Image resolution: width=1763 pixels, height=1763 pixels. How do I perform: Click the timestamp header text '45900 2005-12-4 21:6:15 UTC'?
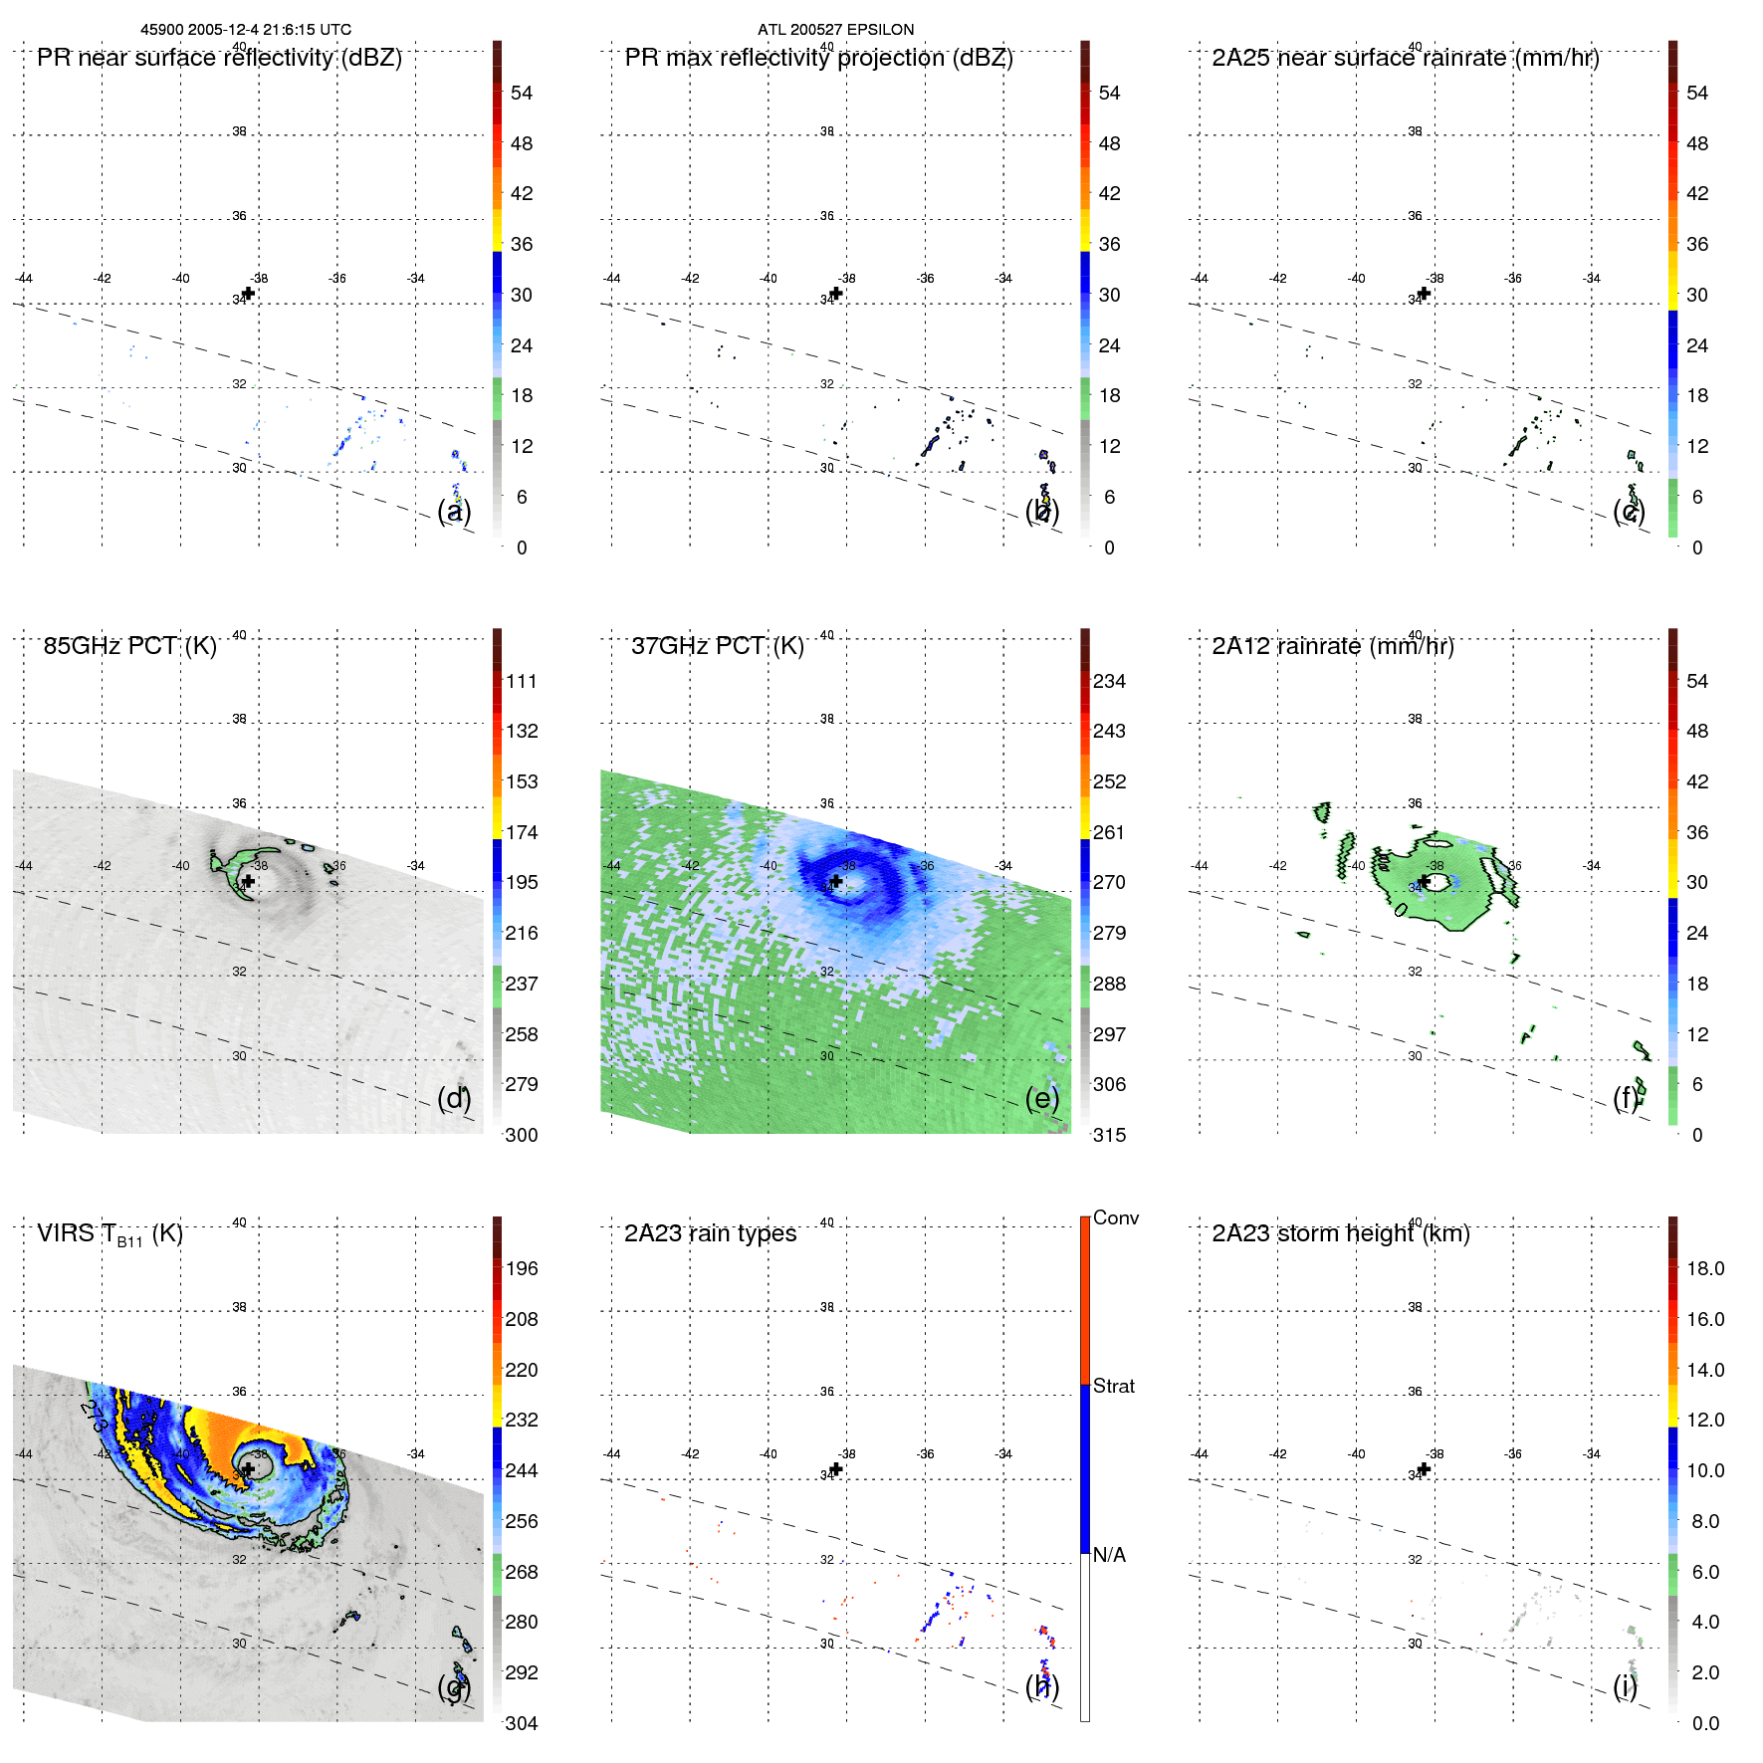click(x=245, y=30)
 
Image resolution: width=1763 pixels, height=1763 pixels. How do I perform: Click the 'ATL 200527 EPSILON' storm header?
click(x=835, y=30)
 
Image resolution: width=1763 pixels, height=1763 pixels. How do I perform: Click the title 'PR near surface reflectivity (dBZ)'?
click(x=219, y=58)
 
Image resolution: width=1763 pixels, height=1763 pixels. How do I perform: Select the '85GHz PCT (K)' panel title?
click(x=129, y=646)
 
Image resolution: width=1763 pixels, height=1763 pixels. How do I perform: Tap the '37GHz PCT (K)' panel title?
click(x=717, y=646)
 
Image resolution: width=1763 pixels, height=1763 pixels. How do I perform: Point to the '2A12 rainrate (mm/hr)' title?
click(x=1332, y=646)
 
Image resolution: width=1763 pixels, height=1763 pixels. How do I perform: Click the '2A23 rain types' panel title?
click(x=710, y=1233)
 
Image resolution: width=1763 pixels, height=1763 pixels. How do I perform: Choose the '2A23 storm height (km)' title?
click(x=1340, y=1233)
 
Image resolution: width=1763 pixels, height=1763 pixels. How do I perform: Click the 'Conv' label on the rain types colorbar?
click(x=1115, y=1217)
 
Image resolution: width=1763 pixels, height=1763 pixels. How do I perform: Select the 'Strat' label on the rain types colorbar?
click(x=1113, y=1386)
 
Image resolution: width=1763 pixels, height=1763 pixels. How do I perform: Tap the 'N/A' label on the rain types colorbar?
click(x=1109, y=1555)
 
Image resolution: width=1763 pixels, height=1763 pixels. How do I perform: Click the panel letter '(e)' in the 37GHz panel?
click(x=1042, y=1098)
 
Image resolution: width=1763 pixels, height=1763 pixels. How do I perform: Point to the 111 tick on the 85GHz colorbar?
click(x=522, y=681)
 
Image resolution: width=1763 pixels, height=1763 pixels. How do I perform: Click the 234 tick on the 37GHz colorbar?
click(x=1109, y=681)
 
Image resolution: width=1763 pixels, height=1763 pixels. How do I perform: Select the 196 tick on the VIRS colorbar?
click(x=522, y=1268)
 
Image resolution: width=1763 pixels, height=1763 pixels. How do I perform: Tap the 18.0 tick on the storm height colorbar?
click(x=1705, y=1268)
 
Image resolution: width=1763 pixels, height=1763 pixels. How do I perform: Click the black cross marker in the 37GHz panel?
click(x=836, y=881)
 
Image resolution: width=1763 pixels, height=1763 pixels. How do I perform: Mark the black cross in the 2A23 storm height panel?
click(x=1424, y=1468)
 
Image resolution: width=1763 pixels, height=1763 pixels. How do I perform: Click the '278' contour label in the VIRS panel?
click(x=96, y=1416)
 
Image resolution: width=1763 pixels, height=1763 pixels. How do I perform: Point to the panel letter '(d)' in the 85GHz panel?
click(x=454, y=1098)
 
